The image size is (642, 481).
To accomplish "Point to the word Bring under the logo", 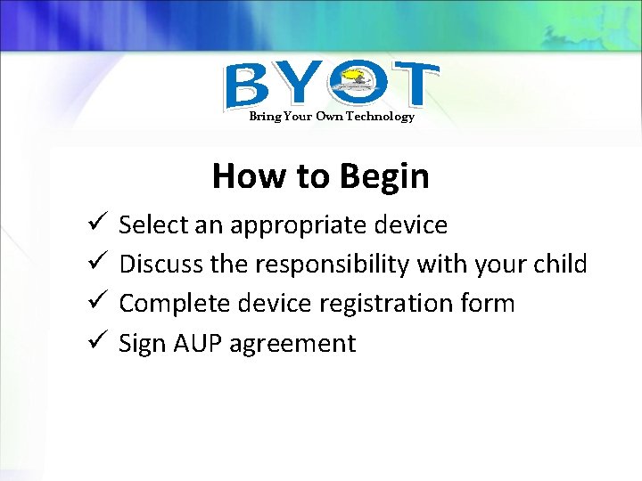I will (x=263, y=117).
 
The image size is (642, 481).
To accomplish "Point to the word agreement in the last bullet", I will (x=293, y=345).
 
